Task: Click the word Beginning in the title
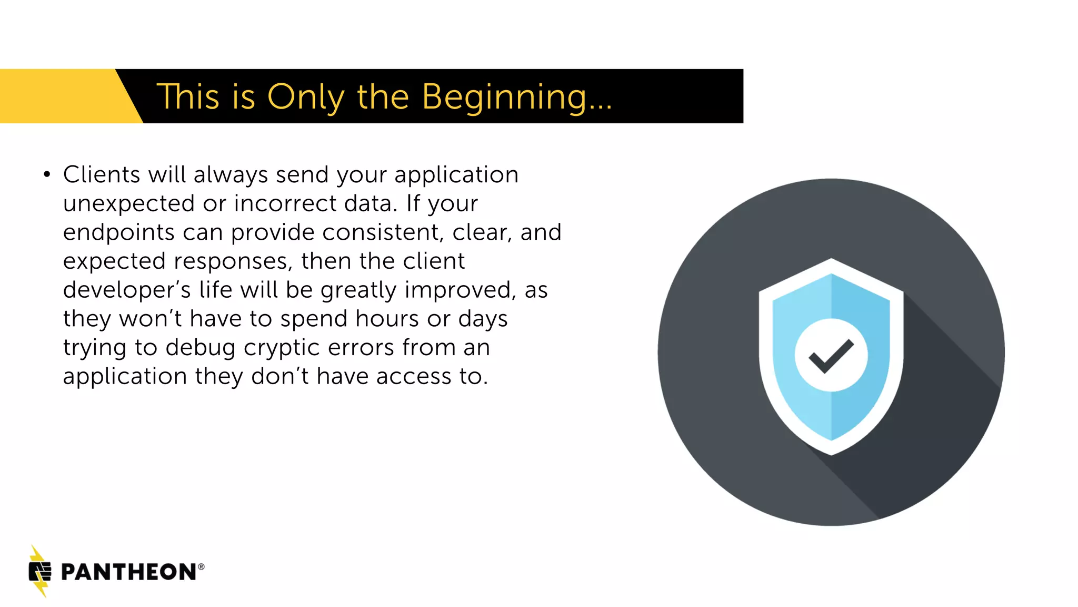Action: (504, 97)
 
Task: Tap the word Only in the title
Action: (305, 97)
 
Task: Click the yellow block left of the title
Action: (58, 96)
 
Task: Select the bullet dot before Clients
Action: (47, 174)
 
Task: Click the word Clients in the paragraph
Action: (102, 174)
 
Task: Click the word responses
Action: (233, 261)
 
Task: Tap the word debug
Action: (200, 348)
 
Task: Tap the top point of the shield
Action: (831, 260)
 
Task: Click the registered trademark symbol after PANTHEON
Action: (201, 567)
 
